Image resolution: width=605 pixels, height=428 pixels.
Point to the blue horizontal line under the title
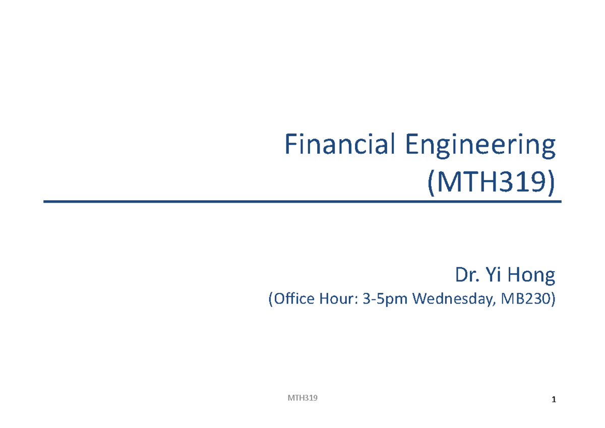point(302,202)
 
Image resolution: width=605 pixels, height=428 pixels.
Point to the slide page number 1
point(554,400)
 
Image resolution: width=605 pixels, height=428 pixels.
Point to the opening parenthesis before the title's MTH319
point(431,182)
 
